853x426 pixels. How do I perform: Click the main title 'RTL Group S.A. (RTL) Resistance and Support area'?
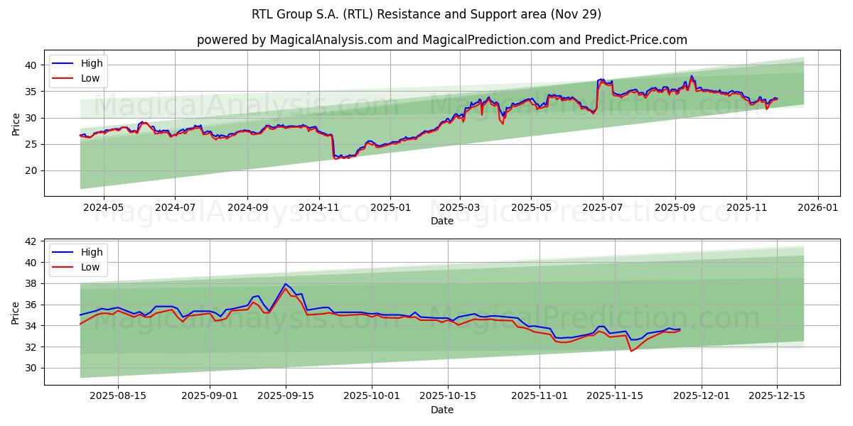pos(426,14)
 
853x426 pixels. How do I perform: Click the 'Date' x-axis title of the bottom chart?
pos(442,410)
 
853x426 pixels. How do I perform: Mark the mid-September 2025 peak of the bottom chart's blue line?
pos(285,284)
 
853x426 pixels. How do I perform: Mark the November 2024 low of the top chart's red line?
pos(336,158)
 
